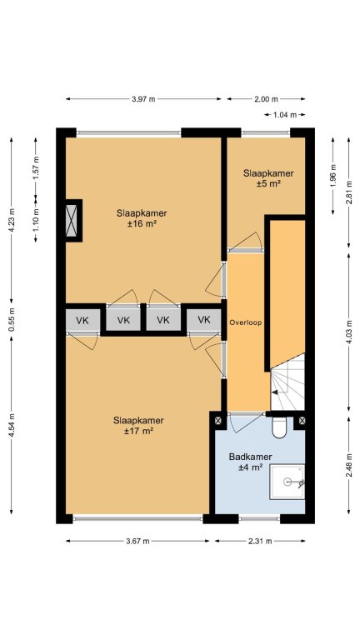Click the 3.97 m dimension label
143,99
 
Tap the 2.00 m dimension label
267,99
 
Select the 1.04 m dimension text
284,115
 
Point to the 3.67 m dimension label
137,541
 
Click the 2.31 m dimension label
260,541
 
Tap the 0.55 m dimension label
12,320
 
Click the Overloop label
245,322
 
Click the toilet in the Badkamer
280,427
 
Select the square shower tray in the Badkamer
287,482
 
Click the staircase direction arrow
276,392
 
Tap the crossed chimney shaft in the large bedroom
72,220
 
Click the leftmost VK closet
82,320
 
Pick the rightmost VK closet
204,320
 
